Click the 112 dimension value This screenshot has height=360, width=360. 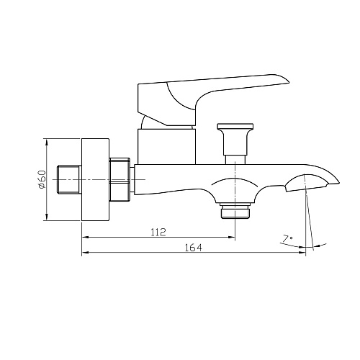point(158,232)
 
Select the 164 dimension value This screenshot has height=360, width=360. point(194,248)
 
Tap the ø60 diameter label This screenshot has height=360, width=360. point(42,179)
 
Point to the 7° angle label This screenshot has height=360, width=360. point(287,239)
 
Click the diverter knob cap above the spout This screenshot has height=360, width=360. point(235,127)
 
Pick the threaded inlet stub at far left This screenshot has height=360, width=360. point(69,179)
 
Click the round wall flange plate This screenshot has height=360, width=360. point(95,179)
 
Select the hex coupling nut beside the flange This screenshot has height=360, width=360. point(120,179)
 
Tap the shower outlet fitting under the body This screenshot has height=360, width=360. point(235,211)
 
